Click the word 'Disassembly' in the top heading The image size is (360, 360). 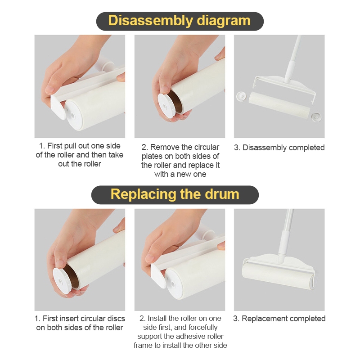coord(150,21)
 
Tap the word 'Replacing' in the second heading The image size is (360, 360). coord(143,195)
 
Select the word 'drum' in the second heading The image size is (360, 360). coord(222,194)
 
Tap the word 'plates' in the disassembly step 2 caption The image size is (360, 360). coord(152,157)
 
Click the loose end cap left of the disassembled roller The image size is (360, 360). coord(241,96)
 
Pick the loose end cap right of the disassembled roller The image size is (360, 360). coord(316,117)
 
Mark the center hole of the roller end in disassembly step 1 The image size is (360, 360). coord(73,115)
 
